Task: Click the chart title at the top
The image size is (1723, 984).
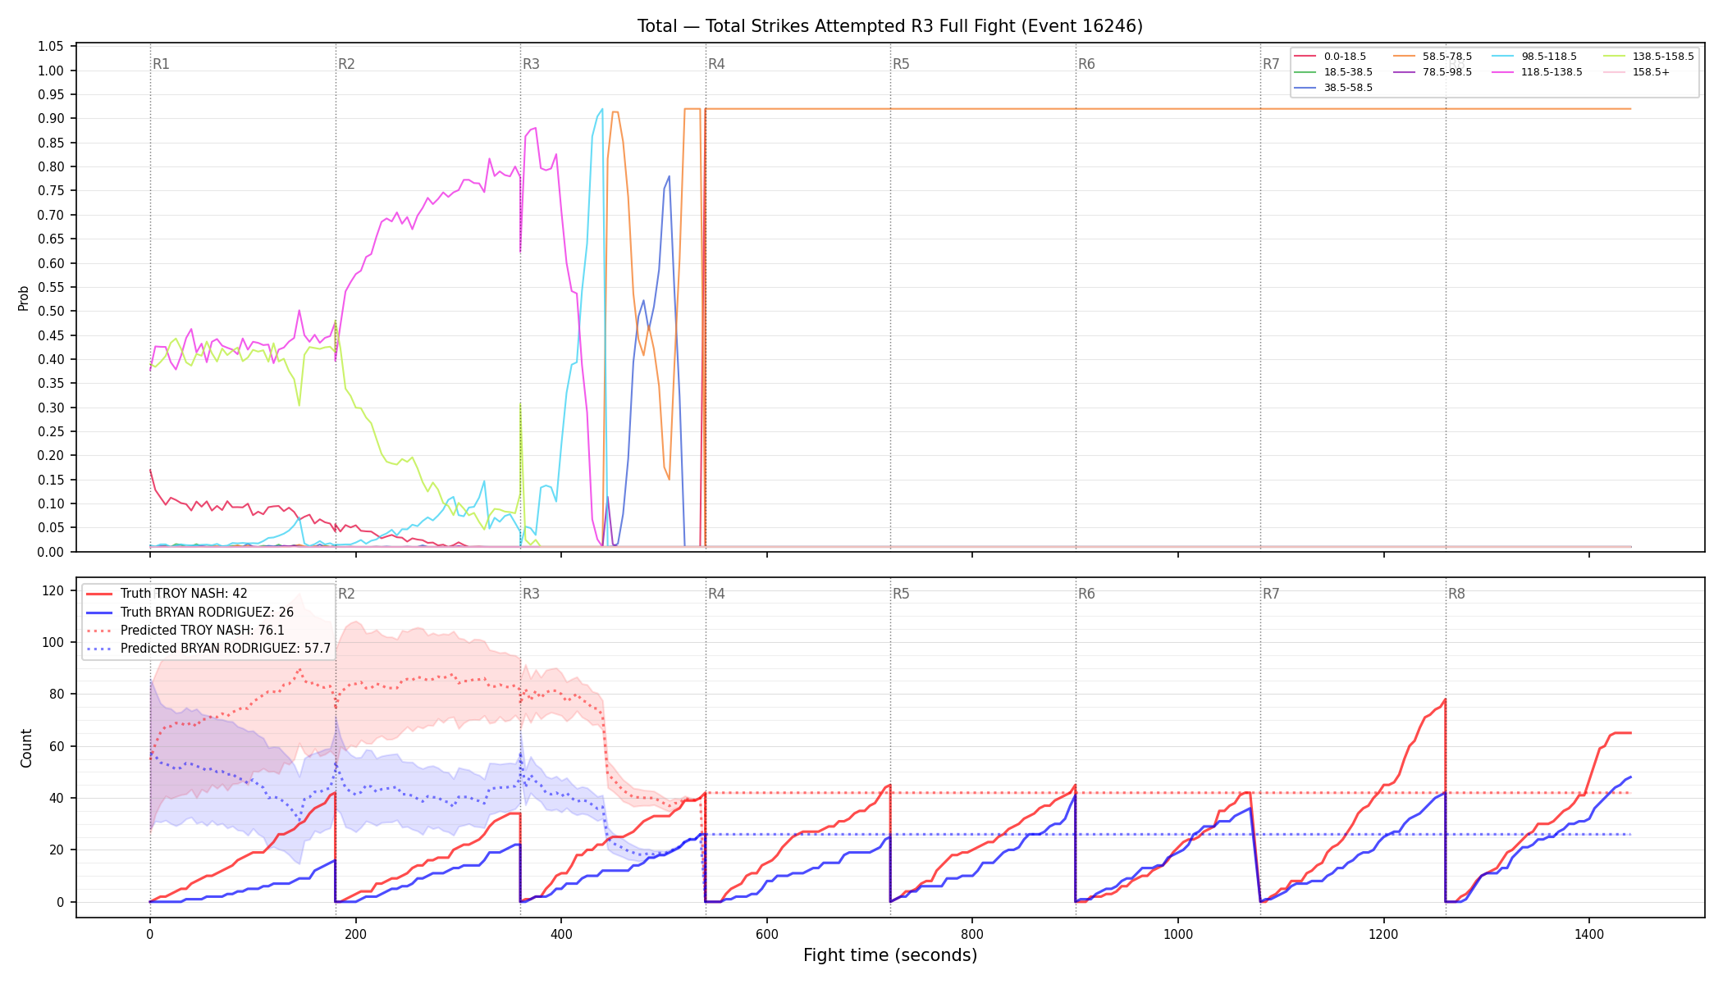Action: [890, 26]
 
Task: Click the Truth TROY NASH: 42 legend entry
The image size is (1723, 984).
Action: [167, 594]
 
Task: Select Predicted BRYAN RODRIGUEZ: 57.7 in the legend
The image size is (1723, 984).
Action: [208, 649]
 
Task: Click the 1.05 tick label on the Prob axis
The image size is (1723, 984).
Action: [51, 46]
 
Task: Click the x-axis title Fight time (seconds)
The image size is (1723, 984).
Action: [890, 955]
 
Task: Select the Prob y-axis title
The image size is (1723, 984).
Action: [24, 298]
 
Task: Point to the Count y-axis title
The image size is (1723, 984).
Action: [26, 748]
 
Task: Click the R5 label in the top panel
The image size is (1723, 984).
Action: [901, 64]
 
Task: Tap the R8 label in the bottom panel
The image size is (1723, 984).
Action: [1456, 594]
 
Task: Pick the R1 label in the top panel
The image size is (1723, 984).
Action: [161, 64]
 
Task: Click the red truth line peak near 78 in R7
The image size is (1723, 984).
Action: [1445, 699]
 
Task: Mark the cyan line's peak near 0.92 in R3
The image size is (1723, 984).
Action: [602, 108]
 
